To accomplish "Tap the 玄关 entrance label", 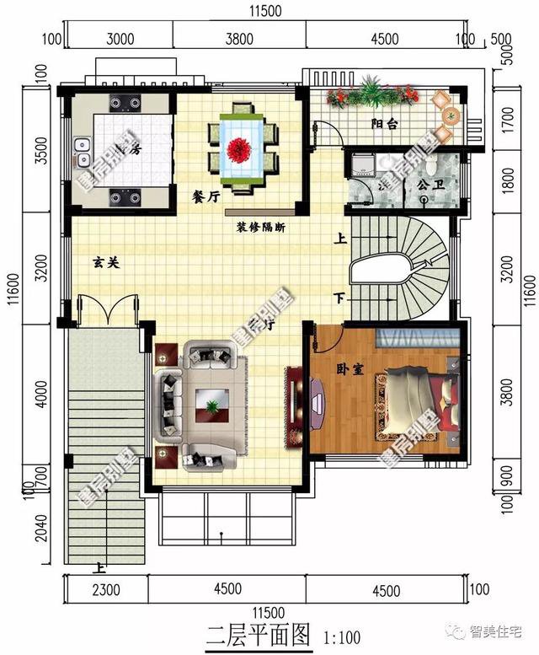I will click(105, 262).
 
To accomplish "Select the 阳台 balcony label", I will click(385, 123).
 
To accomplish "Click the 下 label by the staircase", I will click(339, 298).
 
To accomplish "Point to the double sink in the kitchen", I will click(82, 154).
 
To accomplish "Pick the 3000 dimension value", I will click(120, 37).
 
